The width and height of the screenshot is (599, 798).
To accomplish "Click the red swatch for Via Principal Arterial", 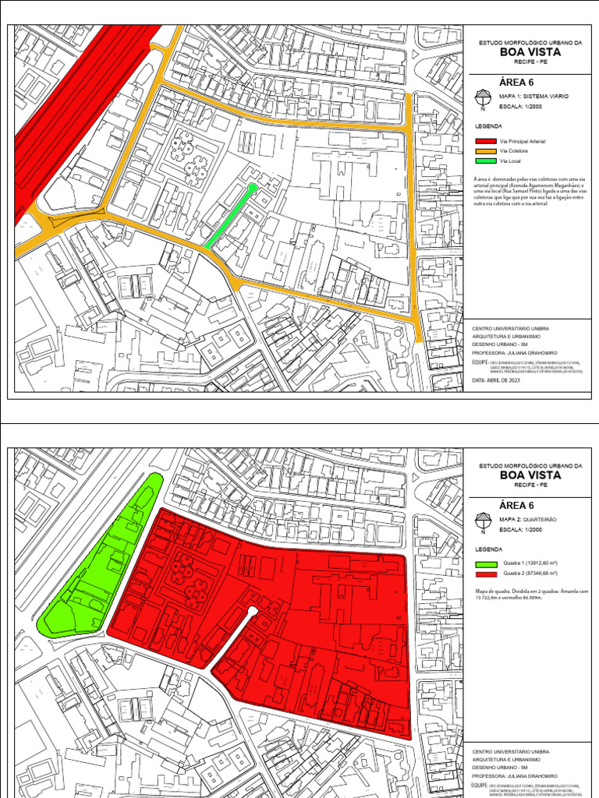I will pyautogui.click(x=484, y=141).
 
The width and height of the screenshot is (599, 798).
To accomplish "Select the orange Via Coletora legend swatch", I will pyautogui.click(x=484, y=150).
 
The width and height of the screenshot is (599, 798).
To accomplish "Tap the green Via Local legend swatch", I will pyautogui.click(x=484, y=161).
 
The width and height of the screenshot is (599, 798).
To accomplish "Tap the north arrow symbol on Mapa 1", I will pyautogui.click(x=483, y=99).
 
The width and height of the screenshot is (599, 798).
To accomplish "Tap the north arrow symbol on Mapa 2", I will pyautogui.click(x=483, y=521).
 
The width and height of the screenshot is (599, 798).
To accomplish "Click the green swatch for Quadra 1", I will pyautogui.click(x=484, y=563).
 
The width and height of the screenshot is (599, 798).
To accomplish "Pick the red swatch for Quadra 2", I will pyautogui.click(x=484, y=574).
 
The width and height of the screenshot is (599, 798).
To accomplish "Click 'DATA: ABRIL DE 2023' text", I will pyautogui.click(x=496, y=381).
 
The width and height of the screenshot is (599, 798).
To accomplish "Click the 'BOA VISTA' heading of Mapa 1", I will pyautogui.click(x=530, y=52).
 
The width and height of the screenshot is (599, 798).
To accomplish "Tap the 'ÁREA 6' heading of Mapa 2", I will pyautogui.click(x=516, y=504).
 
